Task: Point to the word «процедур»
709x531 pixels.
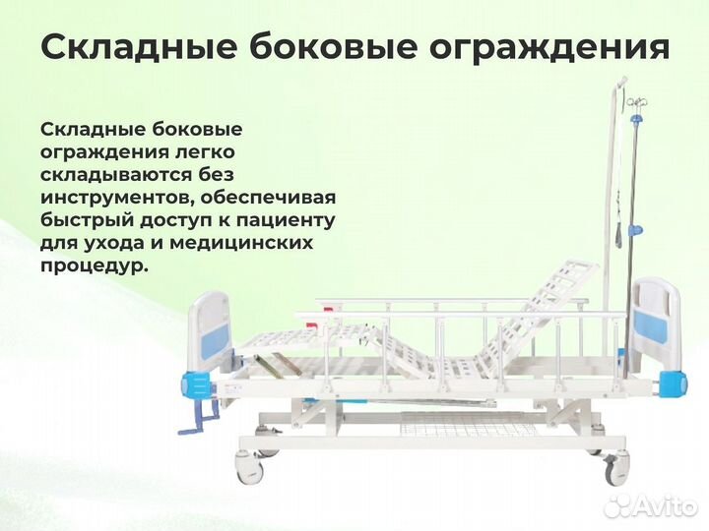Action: (x=93, y=265)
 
